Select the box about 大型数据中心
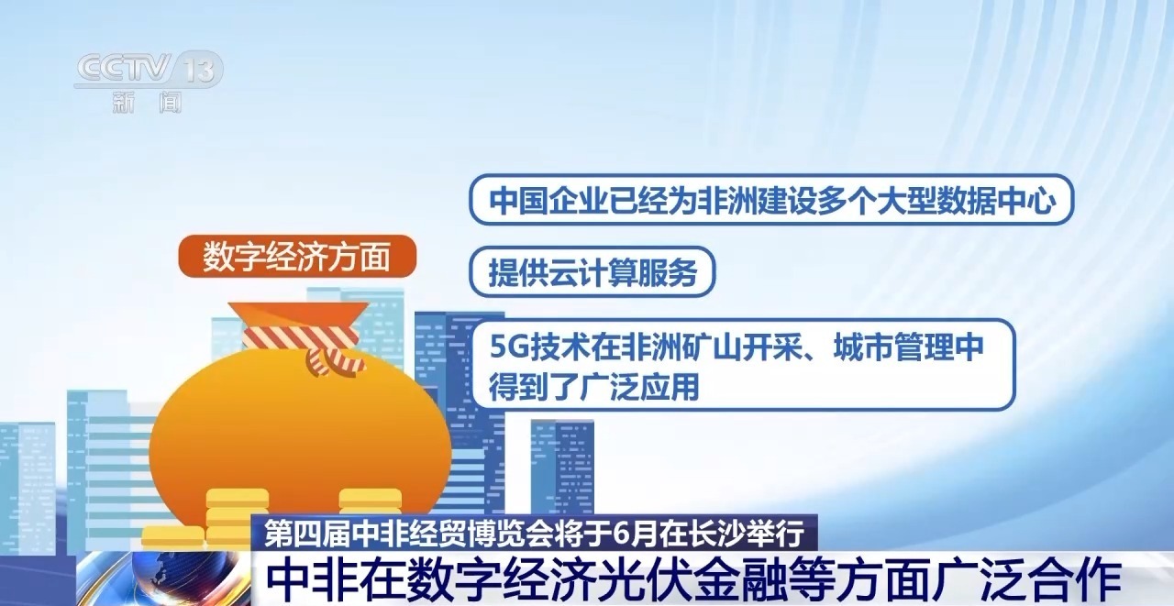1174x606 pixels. pos(770,200)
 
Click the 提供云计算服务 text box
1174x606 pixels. pos(592,272)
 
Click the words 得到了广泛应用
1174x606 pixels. pos(594,386)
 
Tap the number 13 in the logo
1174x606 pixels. pos(201,70)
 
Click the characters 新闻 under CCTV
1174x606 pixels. pos(148,102)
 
